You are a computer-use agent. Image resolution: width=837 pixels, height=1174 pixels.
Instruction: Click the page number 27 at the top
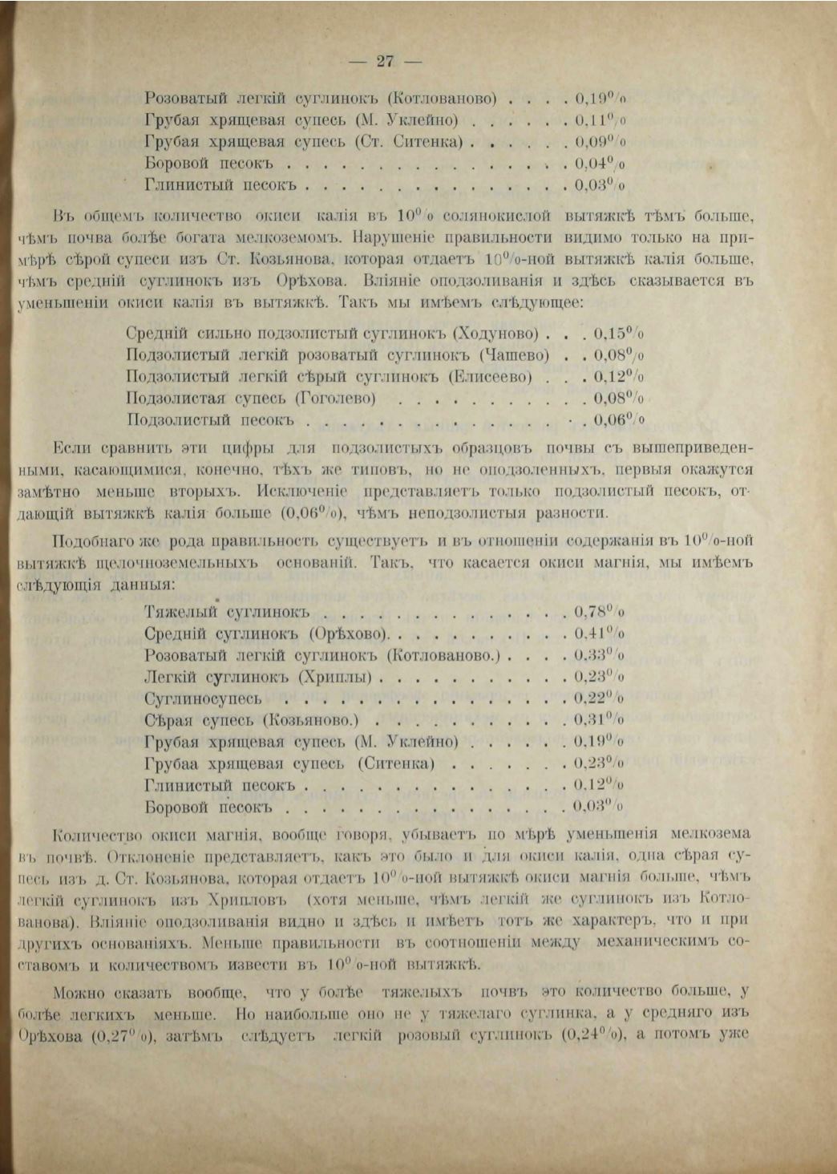coord(386,61)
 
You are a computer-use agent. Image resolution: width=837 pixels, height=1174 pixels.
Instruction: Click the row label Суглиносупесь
coord(203,699)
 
